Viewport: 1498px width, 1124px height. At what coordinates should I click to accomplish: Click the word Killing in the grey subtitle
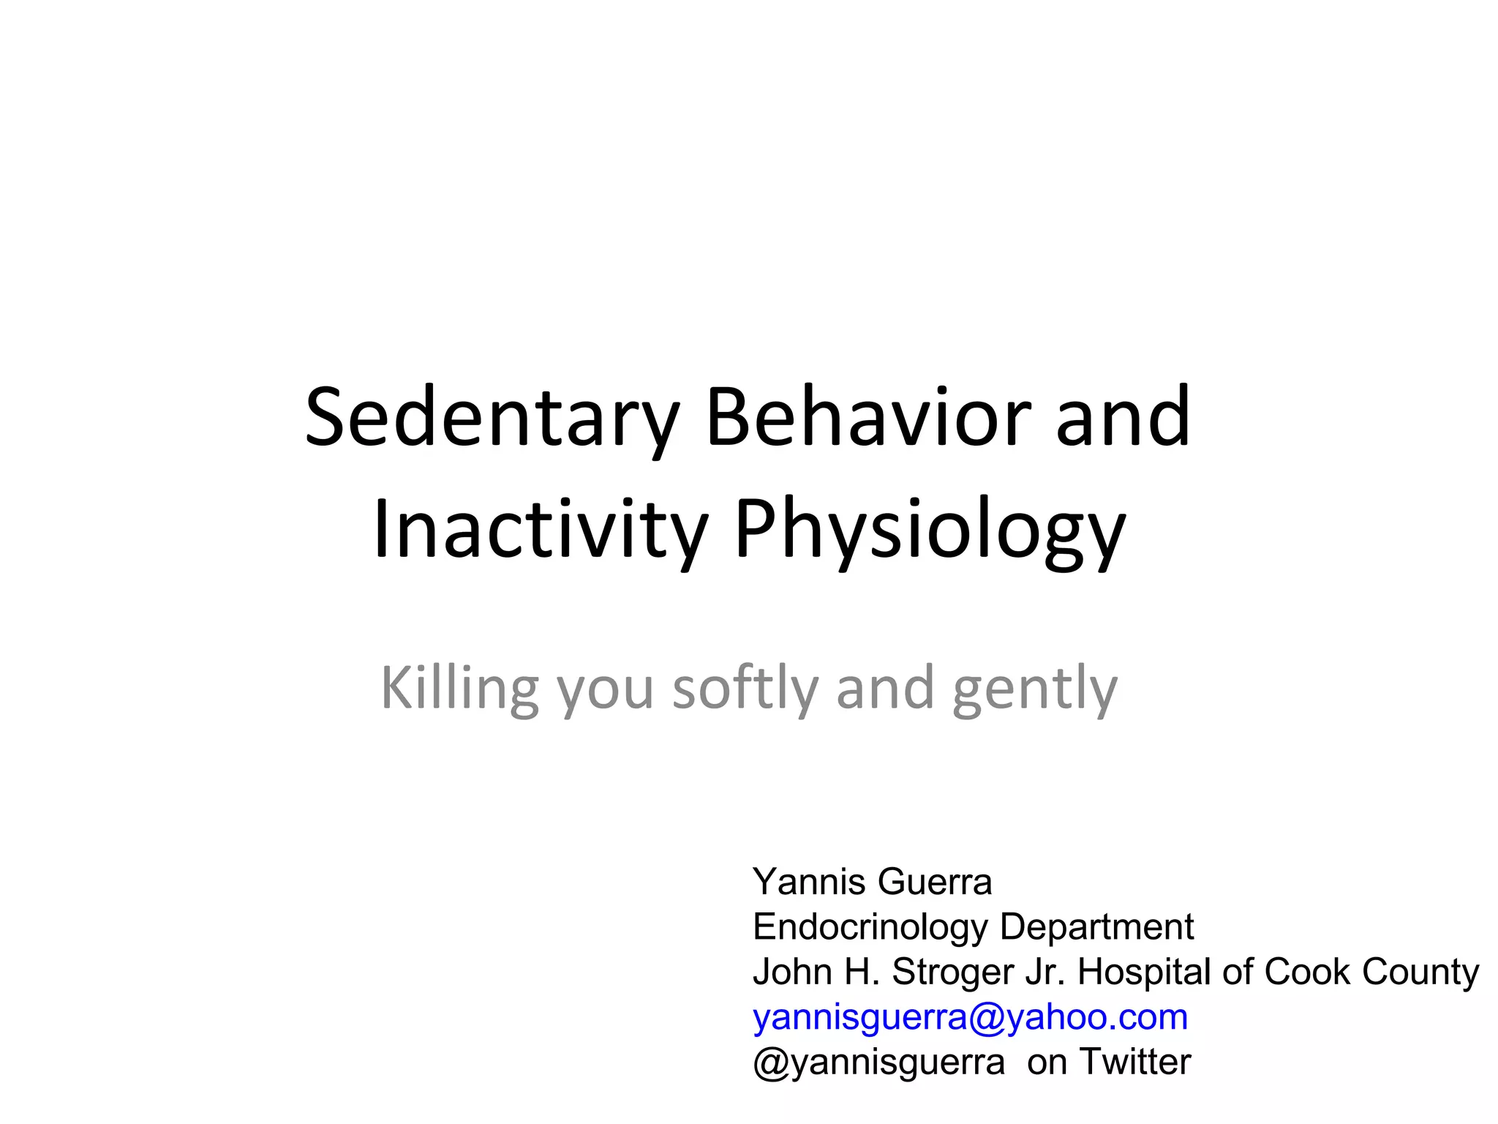pos(459,689)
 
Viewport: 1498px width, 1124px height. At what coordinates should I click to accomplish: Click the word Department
pos(1096,927)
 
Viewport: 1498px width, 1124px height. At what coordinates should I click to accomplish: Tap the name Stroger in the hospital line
pos(952,973)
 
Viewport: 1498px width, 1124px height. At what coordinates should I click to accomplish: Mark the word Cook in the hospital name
pos(1307,972)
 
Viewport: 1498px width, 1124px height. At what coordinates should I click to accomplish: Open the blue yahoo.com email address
pos(970,1017)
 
